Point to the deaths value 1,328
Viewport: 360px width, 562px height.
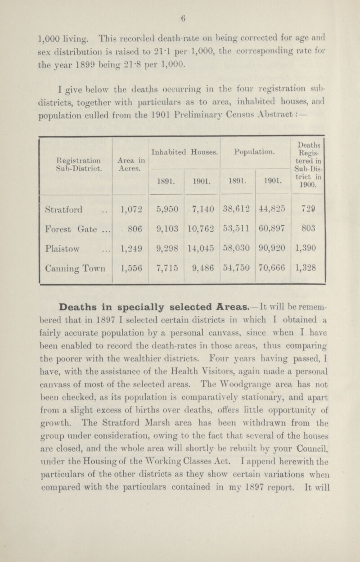point(308,287)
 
